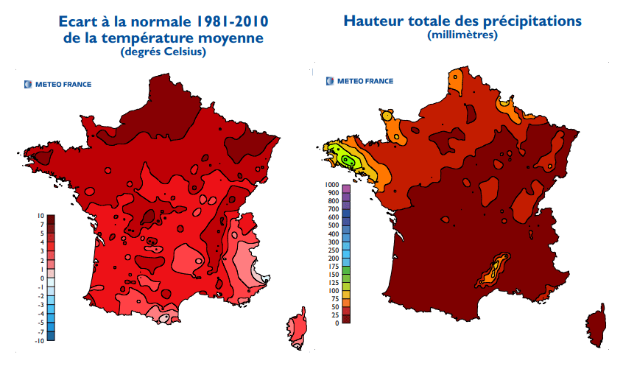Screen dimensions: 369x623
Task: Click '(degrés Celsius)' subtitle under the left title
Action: tap(163, 52)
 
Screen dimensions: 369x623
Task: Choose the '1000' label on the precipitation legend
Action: tap(331, 184)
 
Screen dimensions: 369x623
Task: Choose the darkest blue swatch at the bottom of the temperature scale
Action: tap(52, 340)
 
